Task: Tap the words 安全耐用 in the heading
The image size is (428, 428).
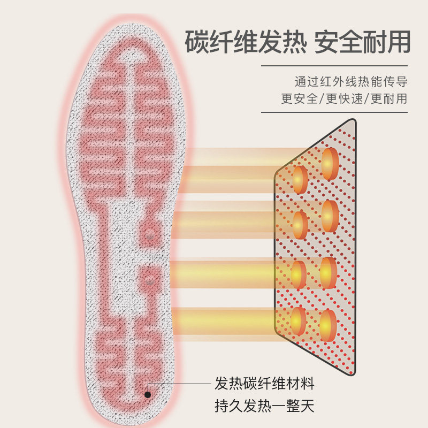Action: [x=362, y=42]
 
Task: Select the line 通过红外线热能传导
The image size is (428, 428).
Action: [x=351, y=82]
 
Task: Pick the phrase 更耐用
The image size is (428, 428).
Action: [x=389, y=98]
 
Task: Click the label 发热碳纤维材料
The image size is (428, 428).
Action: [x=264, y=383]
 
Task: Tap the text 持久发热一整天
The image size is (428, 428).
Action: [x=264, y=406]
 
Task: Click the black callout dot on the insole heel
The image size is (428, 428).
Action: [x=148, y=394]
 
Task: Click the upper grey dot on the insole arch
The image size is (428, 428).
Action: [x=150, y=235]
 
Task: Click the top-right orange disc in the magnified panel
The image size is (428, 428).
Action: [x=330, y=163]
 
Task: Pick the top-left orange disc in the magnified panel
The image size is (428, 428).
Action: [x=300, y=179]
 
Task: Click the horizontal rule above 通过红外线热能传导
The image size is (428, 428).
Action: [x=334, y=66]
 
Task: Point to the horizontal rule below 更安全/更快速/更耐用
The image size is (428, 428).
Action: [x=334, y=112]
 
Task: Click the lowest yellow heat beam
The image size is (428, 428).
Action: [x=225, y=320]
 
